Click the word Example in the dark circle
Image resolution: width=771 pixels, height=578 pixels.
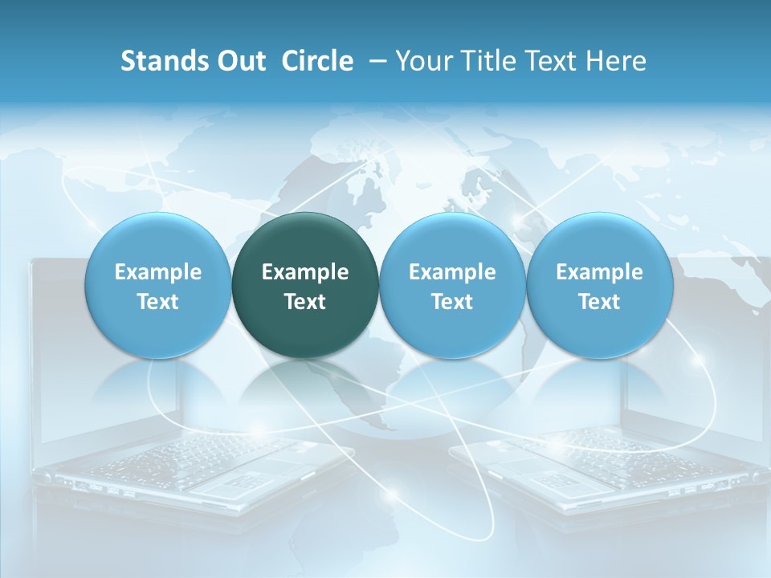305,272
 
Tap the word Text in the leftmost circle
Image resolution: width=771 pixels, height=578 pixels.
157,302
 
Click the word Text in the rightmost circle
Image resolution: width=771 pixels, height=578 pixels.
599,302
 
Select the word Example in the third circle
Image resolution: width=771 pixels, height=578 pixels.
452,272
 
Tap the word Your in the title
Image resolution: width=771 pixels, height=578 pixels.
422,61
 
